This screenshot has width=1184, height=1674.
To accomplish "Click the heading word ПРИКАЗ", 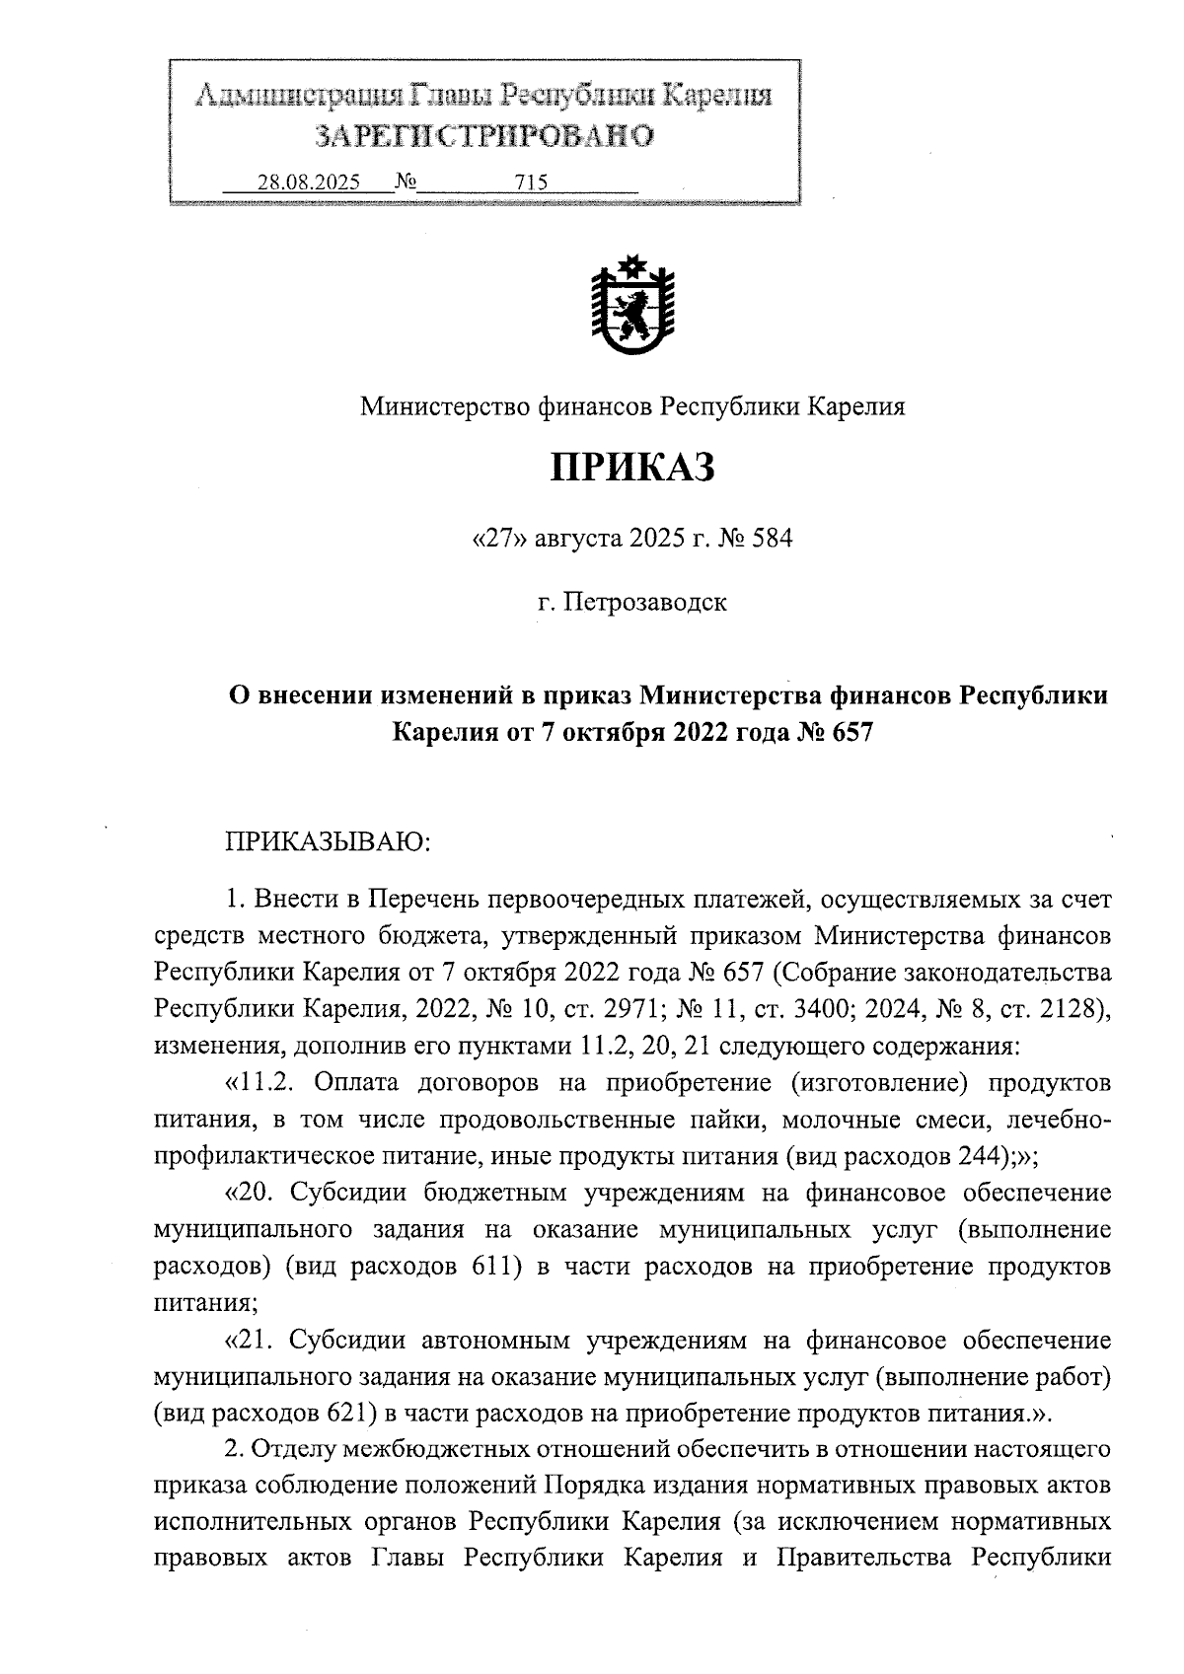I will click(631, 468).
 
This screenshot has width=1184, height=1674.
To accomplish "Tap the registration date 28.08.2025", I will click(309, 182).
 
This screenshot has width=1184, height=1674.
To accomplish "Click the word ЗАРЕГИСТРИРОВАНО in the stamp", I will click(483, 136).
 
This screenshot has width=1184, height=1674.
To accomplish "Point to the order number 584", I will click(772, 540).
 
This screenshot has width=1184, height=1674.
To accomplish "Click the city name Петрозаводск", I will click(645, 602).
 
